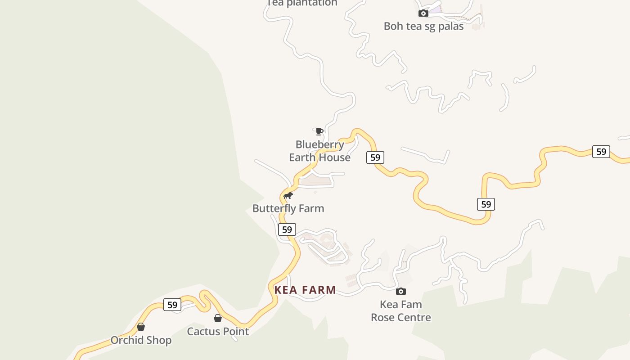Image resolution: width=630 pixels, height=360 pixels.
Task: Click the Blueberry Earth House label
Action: pyautogui.click(x=319, y=151)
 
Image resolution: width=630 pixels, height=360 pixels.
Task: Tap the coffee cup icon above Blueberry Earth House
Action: pyautogui.click(x=319, y=131)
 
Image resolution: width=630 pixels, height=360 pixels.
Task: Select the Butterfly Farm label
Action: pyautogui.click(x=288, y=208)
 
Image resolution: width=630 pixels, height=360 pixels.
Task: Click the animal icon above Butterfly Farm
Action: pyautogui.click(x=288, y=195)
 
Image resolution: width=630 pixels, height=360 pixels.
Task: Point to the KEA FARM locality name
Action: pyautogui.click(x=305, y=290)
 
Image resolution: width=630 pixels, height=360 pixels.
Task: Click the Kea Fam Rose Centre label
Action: pyautogui.click(x=400, y=311)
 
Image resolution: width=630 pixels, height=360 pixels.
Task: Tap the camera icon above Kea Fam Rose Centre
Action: pyautogui.click(x=401, y=291)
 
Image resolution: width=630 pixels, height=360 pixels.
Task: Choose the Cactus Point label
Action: pyautogui.click(x=218, y=332)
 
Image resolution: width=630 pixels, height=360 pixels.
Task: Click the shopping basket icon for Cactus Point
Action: pyautogui.click(x=218, y=318)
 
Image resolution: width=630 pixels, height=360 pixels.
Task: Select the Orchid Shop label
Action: pyautogui.click(x=141, y=340)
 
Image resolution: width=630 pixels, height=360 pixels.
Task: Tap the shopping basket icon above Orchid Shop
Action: pyautogui.click(x=141, y=327)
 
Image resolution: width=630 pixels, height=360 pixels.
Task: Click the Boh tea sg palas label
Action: pyautogui.click(x=423, y=26)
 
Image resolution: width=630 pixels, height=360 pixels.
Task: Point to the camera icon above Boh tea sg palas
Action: pyautogui.click(x=423, y=13)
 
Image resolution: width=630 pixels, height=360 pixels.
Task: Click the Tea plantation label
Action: pyautogui.click(x=302, y=3)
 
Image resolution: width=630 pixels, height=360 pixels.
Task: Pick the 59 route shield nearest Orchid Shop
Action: pyautogui.click(x=172, y=305)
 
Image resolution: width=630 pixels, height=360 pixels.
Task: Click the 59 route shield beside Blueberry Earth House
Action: pyautogui.click(x=375, y=157)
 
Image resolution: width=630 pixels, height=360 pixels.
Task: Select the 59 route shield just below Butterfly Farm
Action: pyautogui.click(x=287, y=229)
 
